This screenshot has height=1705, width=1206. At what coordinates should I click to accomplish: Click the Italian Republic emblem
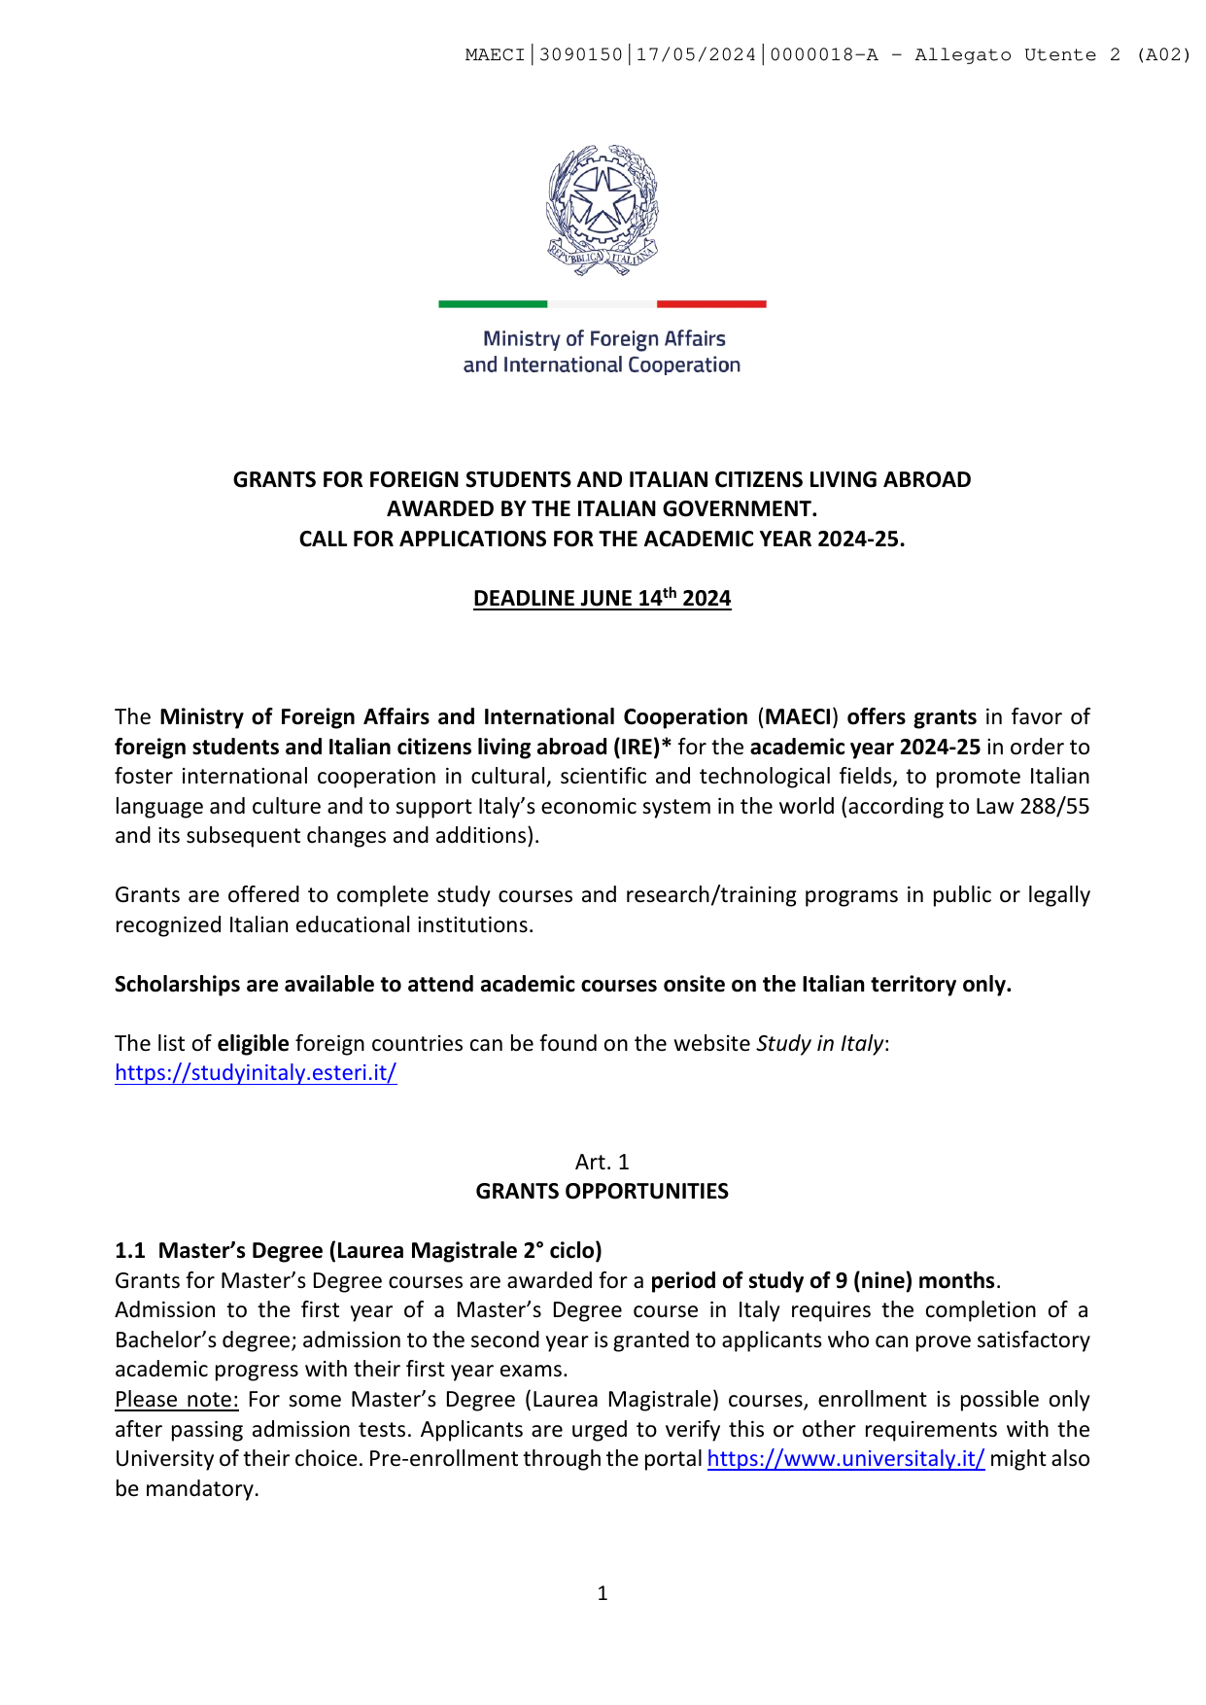click(602, 210)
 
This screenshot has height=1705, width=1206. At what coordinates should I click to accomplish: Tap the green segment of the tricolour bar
click(493, 304)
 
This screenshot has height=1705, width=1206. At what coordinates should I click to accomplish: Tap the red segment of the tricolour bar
click(711, 304)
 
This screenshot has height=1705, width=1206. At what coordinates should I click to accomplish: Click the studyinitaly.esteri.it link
click(256, 1073)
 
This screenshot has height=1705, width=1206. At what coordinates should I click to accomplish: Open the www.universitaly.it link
click(845, 1459)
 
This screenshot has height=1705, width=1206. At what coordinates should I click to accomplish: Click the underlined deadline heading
click(602, 599)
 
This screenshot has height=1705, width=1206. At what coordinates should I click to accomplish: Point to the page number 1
click(603, 1593)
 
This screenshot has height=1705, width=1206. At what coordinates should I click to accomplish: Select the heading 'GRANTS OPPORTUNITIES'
click(602, 1192)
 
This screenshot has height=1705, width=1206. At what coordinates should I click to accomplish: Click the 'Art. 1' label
click(602, 1163)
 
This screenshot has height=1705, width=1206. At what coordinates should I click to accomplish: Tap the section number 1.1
click(130, 1251)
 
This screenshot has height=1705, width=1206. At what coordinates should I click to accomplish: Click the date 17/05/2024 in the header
click(696, 55)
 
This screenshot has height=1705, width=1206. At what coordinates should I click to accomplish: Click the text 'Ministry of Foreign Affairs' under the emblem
click(604, 339)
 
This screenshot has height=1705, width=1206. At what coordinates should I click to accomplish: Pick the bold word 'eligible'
click(253, 1044)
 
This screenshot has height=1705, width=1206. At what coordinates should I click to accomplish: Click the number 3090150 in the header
click(580, 55)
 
